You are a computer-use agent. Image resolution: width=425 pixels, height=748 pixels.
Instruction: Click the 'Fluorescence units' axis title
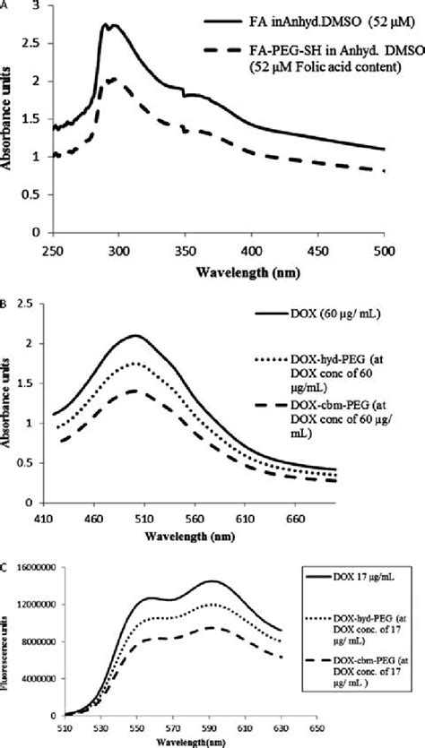coord(11,641)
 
